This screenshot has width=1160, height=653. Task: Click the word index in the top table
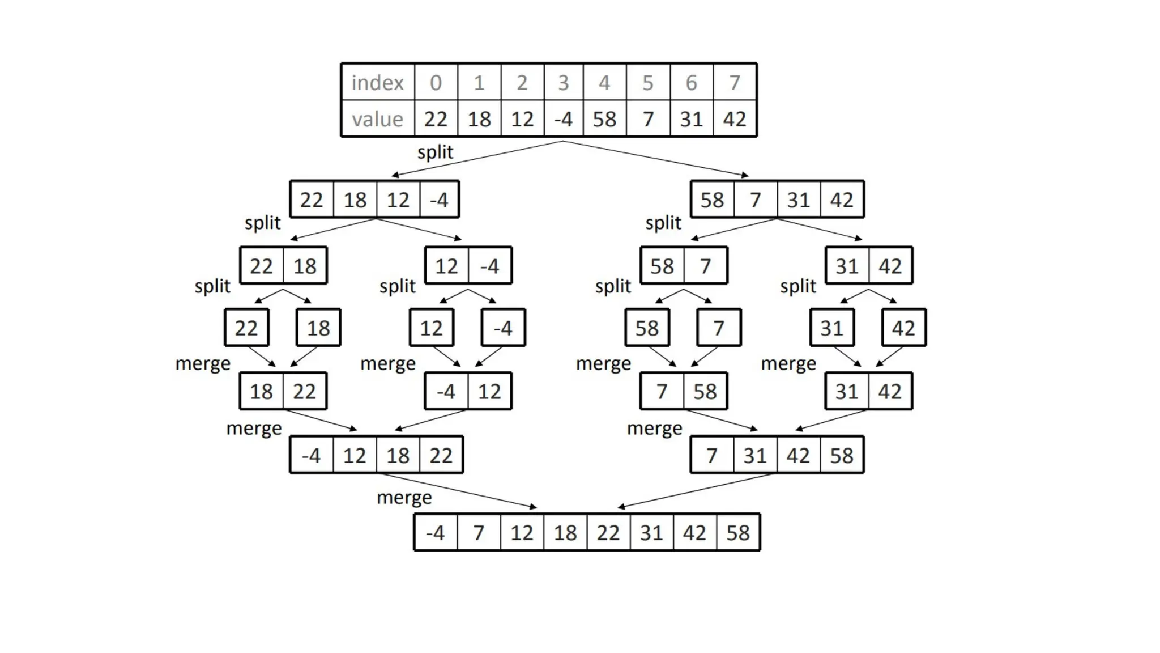click(377, 83)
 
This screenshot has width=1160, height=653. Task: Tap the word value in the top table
click(377, 119)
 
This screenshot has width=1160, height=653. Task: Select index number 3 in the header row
click(563, 83)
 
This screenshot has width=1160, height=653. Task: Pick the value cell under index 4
click(604, 119)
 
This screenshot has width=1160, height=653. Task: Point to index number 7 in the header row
click(735, 83)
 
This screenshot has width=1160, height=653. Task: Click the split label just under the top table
click(435, 152)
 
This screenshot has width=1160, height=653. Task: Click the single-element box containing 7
click(719, 328)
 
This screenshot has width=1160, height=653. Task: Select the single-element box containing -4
click(503, 328)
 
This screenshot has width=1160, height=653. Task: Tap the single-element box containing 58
click(647, 328)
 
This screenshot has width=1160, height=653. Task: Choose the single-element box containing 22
click(246, 328)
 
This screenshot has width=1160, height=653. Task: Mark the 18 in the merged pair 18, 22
click(261, 391)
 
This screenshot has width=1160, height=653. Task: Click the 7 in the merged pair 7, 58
click(662, 391)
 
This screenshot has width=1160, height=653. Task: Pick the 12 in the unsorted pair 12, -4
click(446, 266)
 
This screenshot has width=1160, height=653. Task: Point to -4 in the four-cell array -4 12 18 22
click(312, 455)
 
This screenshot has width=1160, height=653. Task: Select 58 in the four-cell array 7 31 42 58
click(842, 455)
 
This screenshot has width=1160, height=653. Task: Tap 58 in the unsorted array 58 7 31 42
click(712, 200)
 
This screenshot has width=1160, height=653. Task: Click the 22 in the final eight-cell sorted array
click(608, 533)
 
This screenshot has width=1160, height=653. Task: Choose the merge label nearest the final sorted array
click(404, 498)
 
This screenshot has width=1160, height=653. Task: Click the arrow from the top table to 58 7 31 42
click(657, 159)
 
